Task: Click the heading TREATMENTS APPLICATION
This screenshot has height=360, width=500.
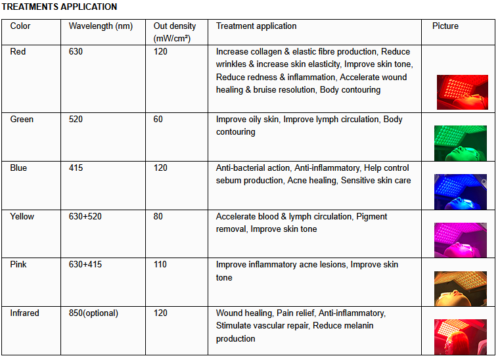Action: (x=60, y=7)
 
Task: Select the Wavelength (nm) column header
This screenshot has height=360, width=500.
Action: (x=101, y=26)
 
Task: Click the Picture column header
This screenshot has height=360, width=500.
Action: (x=445, y=26)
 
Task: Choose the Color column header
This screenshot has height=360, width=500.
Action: (x=20, y=26)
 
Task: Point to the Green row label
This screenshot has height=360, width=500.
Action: (x=22, y=120)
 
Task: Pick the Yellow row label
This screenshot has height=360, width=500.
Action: (x=22, y=217)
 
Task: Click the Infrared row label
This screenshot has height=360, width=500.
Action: (x=25, y=313)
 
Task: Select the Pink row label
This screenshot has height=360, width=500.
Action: (x=19, y=265)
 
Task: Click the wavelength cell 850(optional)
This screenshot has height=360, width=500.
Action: (x=93, y=313)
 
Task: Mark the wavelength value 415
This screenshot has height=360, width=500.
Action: (x=76, y=168)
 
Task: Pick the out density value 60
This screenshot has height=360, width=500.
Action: (x=158, y=120)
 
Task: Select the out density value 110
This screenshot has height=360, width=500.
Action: (x=160, y=265)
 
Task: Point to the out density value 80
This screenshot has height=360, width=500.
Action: (x=158, y=217)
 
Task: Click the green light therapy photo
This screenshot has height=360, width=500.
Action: (x=461, y=143)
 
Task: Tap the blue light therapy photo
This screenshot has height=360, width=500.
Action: (x=461, y=191)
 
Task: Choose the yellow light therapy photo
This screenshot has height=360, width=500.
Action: (x=461, y=288)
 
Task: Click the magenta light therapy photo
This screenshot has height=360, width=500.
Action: (x=461, y=240)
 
